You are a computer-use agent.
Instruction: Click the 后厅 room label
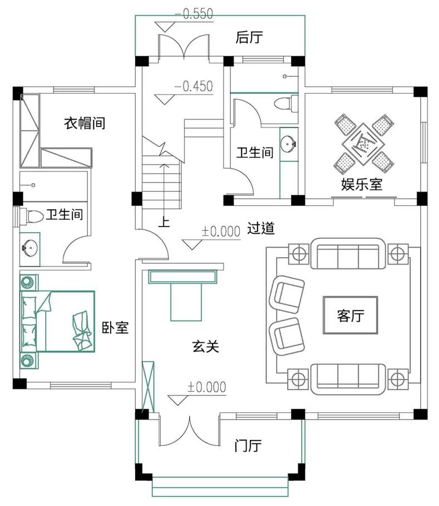249,37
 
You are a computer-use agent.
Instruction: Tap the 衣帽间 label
85,123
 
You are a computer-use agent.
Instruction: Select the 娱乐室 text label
362,184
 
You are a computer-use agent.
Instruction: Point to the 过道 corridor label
261,228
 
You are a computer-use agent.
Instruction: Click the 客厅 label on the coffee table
351,315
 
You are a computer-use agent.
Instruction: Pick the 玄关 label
205,346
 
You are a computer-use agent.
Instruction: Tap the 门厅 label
248,446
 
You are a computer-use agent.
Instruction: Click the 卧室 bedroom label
115,327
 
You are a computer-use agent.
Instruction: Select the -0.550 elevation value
194,14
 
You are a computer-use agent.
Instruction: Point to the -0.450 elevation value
194,86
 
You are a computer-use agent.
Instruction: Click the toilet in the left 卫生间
32,216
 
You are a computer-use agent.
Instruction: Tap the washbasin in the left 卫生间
29,248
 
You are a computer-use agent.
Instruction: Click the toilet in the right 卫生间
286,104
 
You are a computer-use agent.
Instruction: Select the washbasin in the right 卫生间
288,144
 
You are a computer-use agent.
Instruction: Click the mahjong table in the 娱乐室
364,144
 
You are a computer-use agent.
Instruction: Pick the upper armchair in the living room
287,294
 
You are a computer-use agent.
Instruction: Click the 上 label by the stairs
164,222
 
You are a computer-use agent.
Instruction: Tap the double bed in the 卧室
57,321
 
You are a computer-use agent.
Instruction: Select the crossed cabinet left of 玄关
148,387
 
